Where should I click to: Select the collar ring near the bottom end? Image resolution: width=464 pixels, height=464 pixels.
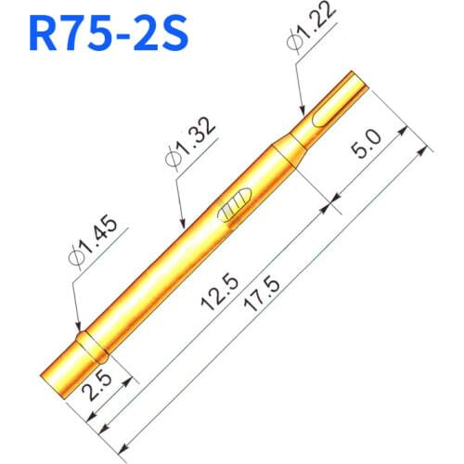click(93, 347)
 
